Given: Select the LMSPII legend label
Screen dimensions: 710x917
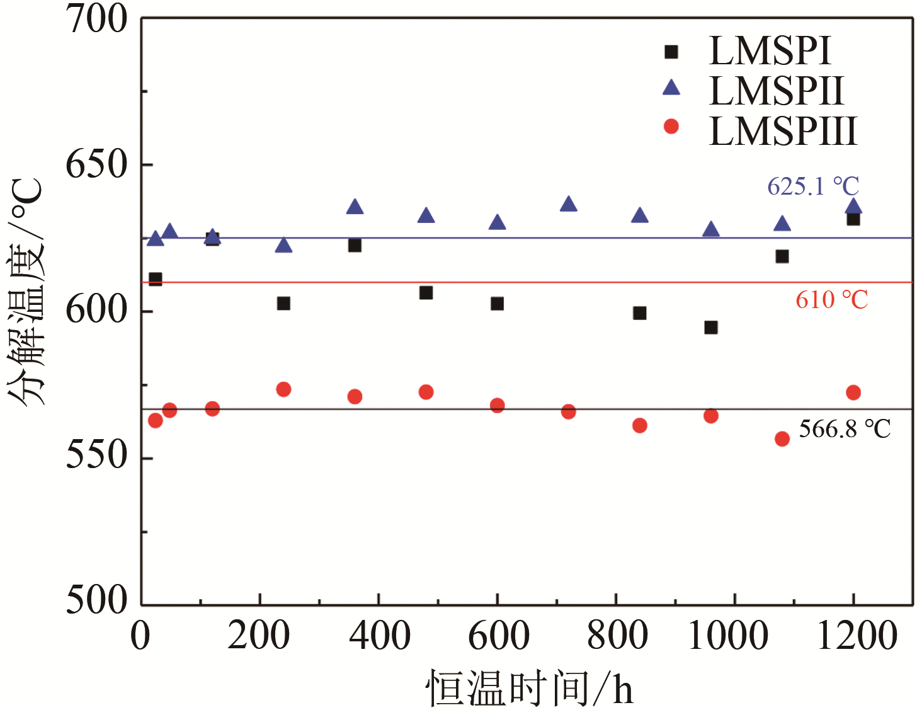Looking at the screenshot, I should click(775, 91).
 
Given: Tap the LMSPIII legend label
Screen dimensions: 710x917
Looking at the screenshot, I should click(783, 130).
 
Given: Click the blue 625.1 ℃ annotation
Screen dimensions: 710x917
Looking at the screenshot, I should click(813, 186).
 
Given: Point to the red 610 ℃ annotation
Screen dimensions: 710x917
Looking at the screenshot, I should click(831, 299).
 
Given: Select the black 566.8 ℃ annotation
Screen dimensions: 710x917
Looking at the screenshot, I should click(845, 429).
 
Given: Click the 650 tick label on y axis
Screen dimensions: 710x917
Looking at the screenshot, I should click(96, 165).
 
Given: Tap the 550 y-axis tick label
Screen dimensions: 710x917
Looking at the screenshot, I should click(96, 455).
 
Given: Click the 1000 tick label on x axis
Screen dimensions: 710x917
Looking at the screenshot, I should click(728, 635).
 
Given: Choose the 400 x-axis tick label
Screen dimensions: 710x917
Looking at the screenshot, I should click(380, 635).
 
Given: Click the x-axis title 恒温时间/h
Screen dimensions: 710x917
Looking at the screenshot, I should click(529, 688).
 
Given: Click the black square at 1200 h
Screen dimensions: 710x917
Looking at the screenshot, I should click(853, 219).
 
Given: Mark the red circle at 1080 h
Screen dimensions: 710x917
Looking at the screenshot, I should click(782, 439).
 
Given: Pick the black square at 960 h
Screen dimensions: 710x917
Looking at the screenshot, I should click(711, 328).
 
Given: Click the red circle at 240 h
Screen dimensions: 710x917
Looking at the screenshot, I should click(283, 389).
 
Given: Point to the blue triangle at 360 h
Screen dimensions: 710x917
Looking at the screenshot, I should click(355, 207).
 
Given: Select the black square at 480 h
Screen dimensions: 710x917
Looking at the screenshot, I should click(426, 293).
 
